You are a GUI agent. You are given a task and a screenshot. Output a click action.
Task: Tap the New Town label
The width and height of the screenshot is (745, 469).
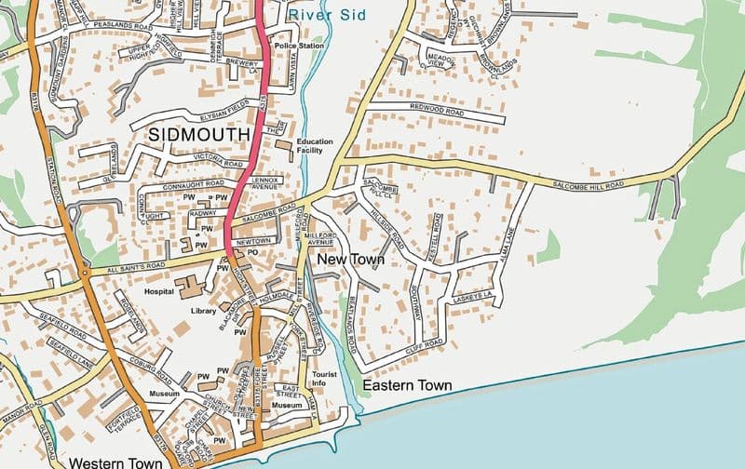350,260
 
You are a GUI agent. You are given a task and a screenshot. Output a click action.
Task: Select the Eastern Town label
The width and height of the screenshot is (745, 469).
407,385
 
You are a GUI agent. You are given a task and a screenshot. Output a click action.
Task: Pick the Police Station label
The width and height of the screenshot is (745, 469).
298,46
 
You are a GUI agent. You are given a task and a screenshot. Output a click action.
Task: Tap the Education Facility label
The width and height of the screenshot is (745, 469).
315,146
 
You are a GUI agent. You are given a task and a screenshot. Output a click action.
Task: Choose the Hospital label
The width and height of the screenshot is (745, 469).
160,291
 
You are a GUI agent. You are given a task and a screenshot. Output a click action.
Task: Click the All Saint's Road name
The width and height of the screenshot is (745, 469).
136,266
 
